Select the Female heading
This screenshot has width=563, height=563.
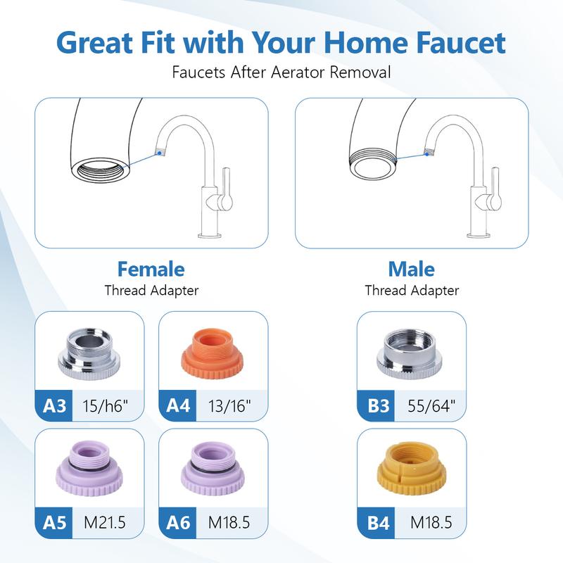click(x=151, y=269)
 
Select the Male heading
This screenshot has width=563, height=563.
click(x=411, y=269)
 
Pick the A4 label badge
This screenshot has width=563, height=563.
click(x=177, y=406)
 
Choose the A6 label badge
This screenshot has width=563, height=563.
click(x=177, y=524)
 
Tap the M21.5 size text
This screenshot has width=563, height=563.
click(x=105, y=524)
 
